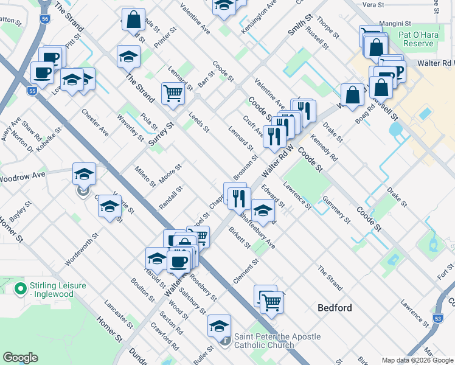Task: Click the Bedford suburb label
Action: (x=335, y=308)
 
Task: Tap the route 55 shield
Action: (x=32, y=91)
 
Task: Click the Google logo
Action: (x=20, y=358)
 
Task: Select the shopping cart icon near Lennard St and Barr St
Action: (x=173, y=94)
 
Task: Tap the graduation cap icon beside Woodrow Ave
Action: (x=84, y=175)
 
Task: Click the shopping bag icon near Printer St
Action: (x=133, y=19)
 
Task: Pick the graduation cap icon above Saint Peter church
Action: (x=219, y=326)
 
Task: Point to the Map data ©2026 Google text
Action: (x=417, y=360)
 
